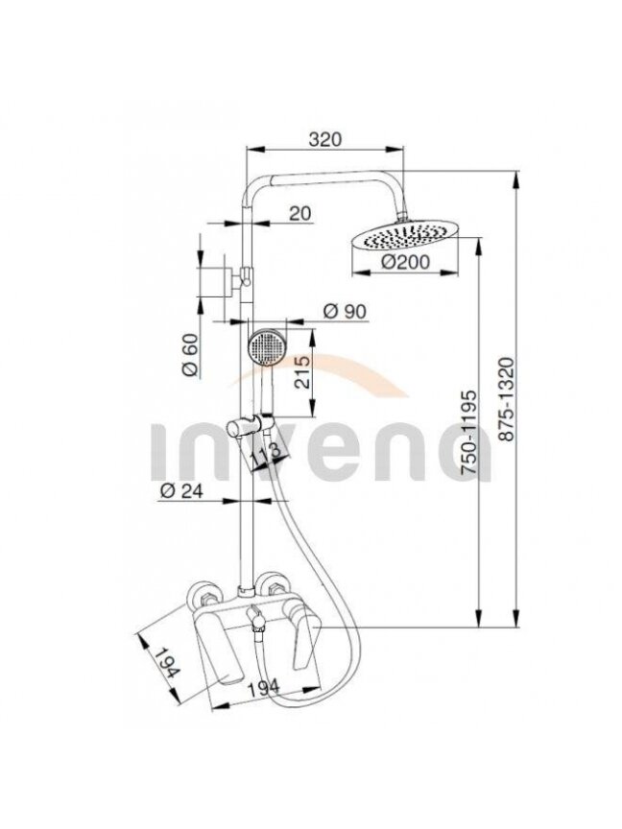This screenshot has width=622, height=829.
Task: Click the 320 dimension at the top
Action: (325, 139)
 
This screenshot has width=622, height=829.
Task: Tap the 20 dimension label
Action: (299, 214)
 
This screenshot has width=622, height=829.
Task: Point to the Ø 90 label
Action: (345, 312)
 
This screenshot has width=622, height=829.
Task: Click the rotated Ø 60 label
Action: (190, 355)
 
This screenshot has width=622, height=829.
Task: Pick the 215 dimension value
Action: (302, 372)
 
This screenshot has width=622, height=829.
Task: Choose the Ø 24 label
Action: (180, 491)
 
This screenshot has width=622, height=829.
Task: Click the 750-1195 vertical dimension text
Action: (468, 432)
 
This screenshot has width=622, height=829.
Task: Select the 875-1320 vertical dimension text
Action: (506, 400)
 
